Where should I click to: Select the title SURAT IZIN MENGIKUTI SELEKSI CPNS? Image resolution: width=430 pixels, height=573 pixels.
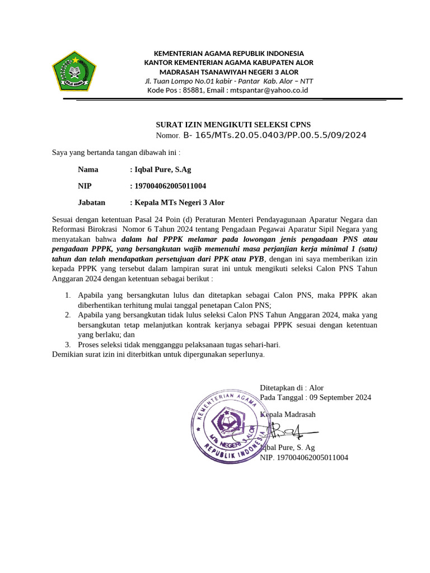(x=232, y=124)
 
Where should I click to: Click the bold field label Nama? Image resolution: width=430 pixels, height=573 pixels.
(x=88, y=170)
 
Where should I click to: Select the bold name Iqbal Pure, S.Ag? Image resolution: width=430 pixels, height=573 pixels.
(x=163, y=170)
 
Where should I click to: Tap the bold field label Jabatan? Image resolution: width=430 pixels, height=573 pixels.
(x=92, y=203)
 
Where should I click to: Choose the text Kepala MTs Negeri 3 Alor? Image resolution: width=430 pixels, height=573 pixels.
(x=179, y=203)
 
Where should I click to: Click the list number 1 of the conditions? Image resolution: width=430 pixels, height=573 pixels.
(x=67, y=295)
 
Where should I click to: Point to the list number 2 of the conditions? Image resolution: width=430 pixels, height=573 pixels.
(x=67, y=315)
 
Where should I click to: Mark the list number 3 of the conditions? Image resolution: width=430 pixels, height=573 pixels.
(x=67, y=345)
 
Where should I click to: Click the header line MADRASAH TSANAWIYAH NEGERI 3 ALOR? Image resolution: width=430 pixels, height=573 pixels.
(x=229, y=72)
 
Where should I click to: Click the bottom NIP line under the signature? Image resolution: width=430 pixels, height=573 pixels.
(x=304, y=457)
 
